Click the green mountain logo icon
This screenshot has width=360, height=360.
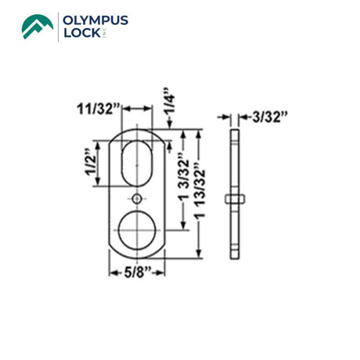tap(38, 27)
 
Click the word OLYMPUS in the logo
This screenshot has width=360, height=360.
tap(95, 20)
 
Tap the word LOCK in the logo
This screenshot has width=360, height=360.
tap(82, 33)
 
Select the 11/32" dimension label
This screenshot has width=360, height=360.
tap(99, 109)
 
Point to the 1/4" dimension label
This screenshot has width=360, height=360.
tap(169, 101)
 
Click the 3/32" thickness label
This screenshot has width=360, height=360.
tap(270, 117)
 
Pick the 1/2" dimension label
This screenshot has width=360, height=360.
tap(91, 163)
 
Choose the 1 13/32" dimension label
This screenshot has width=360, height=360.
tap(200, 190)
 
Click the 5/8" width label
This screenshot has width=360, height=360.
tap(138, 273)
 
